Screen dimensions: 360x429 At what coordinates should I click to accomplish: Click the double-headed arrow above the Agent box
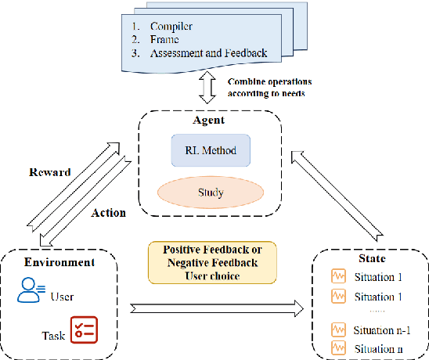pos(206,88)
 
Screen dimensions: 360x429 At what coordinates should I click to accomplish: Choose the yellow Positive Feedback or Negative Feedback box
pos(213,261)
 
